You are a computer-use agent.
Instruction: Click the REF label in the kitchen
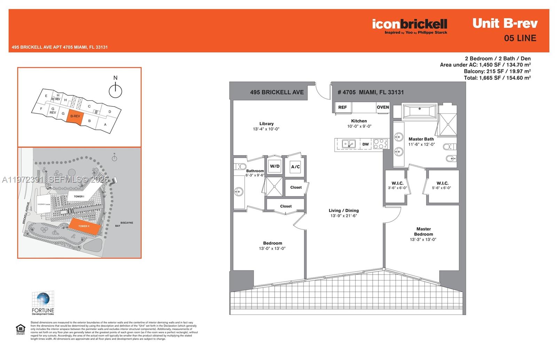343,107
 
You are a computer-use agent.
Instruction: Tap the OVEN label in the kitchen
383,107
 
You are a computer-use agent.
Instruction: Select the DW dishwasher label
366,144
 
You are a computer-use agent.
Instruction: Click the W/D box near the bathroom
275,166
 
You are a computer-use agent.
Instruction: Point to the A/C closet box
295,167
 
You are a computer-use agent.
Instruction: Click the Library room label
266,123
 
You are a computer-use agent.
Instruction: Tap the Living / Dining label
344,210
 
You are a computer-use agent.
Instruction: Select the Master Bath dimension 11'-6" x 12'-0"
422,144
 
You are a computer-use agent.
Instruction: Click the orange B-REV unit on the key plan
75,117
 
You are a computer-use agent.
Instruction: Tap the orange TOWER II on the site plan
84,226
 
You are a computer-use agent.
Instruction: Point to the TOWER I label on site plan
79,197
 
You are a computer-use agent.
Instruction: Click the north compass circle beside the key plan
115,91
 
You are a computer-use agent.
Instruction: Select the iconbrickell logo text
409,24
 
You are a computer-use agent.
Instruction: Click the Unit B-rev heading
505,23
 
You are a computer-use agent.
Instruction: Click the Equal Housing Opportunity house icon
21,328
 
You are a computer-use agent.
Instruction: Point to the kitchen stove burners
380,144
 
